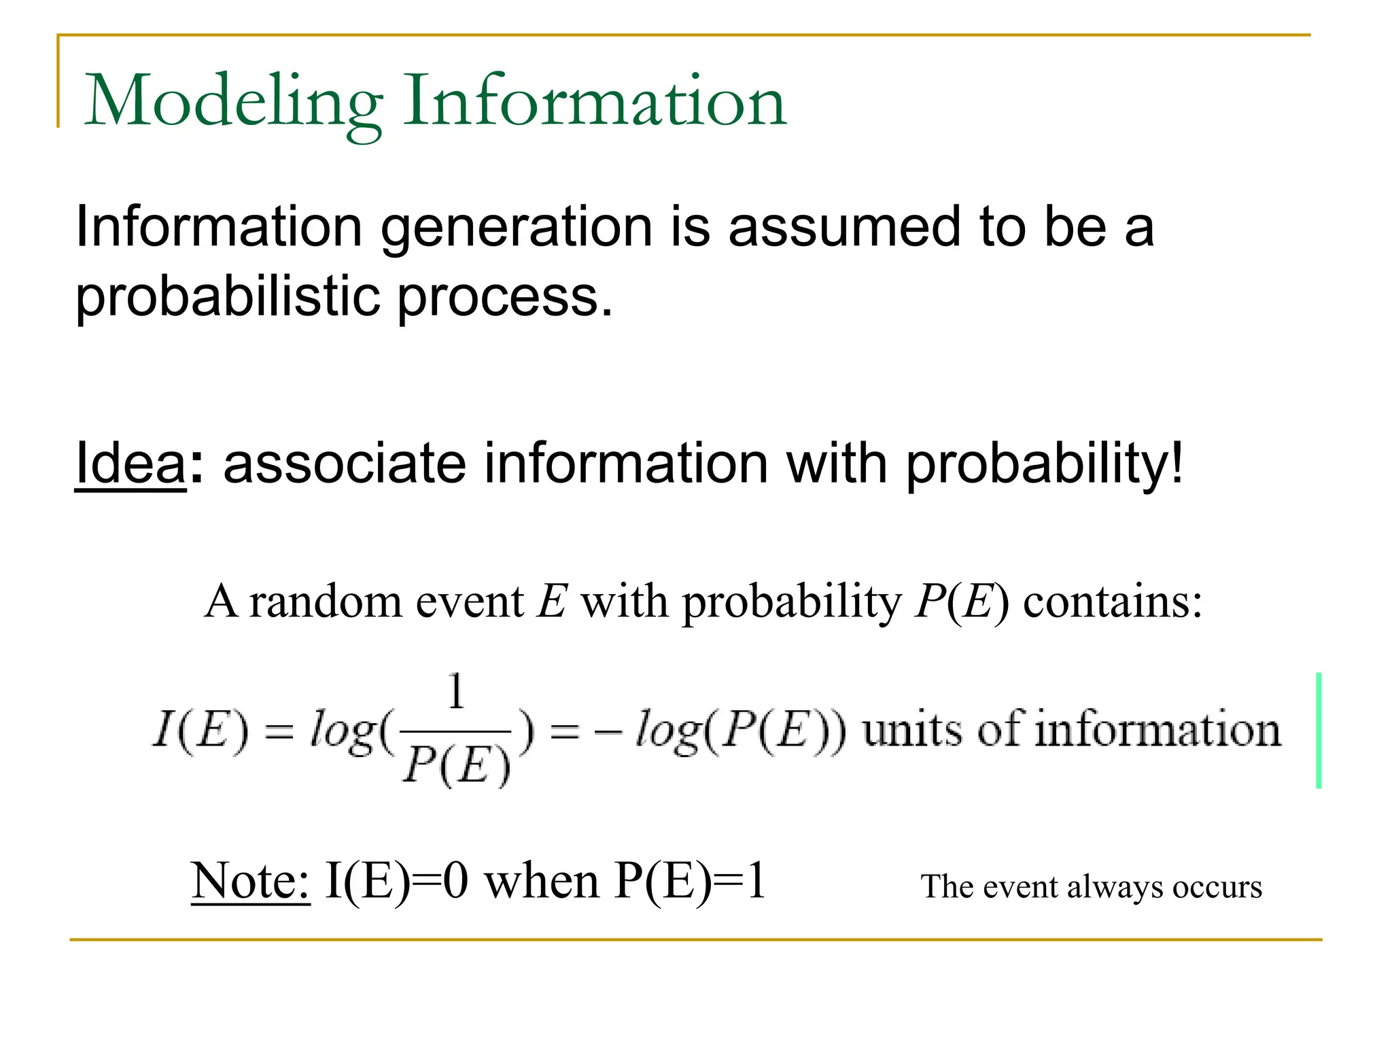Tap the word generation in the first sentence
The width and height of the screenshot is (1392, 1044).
click(x=517, y=228)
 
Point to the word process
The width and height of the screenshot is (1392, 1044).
click(x=504, y=299)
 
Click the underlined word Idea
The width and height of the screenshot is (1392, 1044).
click(x=130, y=464)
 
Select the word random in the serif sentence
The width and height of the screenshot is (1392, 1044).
click(x=326, y=602)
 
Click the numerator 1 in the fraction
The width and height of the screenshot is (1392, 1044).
click(x=456, y=691)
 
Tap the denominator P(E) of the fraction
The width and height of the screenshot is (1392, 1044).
click(x=456, y=765)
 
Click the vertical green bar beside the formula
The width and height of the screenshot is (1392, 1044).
click(x=1319, y=730)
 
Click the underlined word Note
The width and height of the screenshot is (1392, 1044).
click(x=250, y=882)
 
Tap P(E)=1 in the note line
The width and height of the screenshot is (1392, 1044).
click(x=690, y=882)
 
